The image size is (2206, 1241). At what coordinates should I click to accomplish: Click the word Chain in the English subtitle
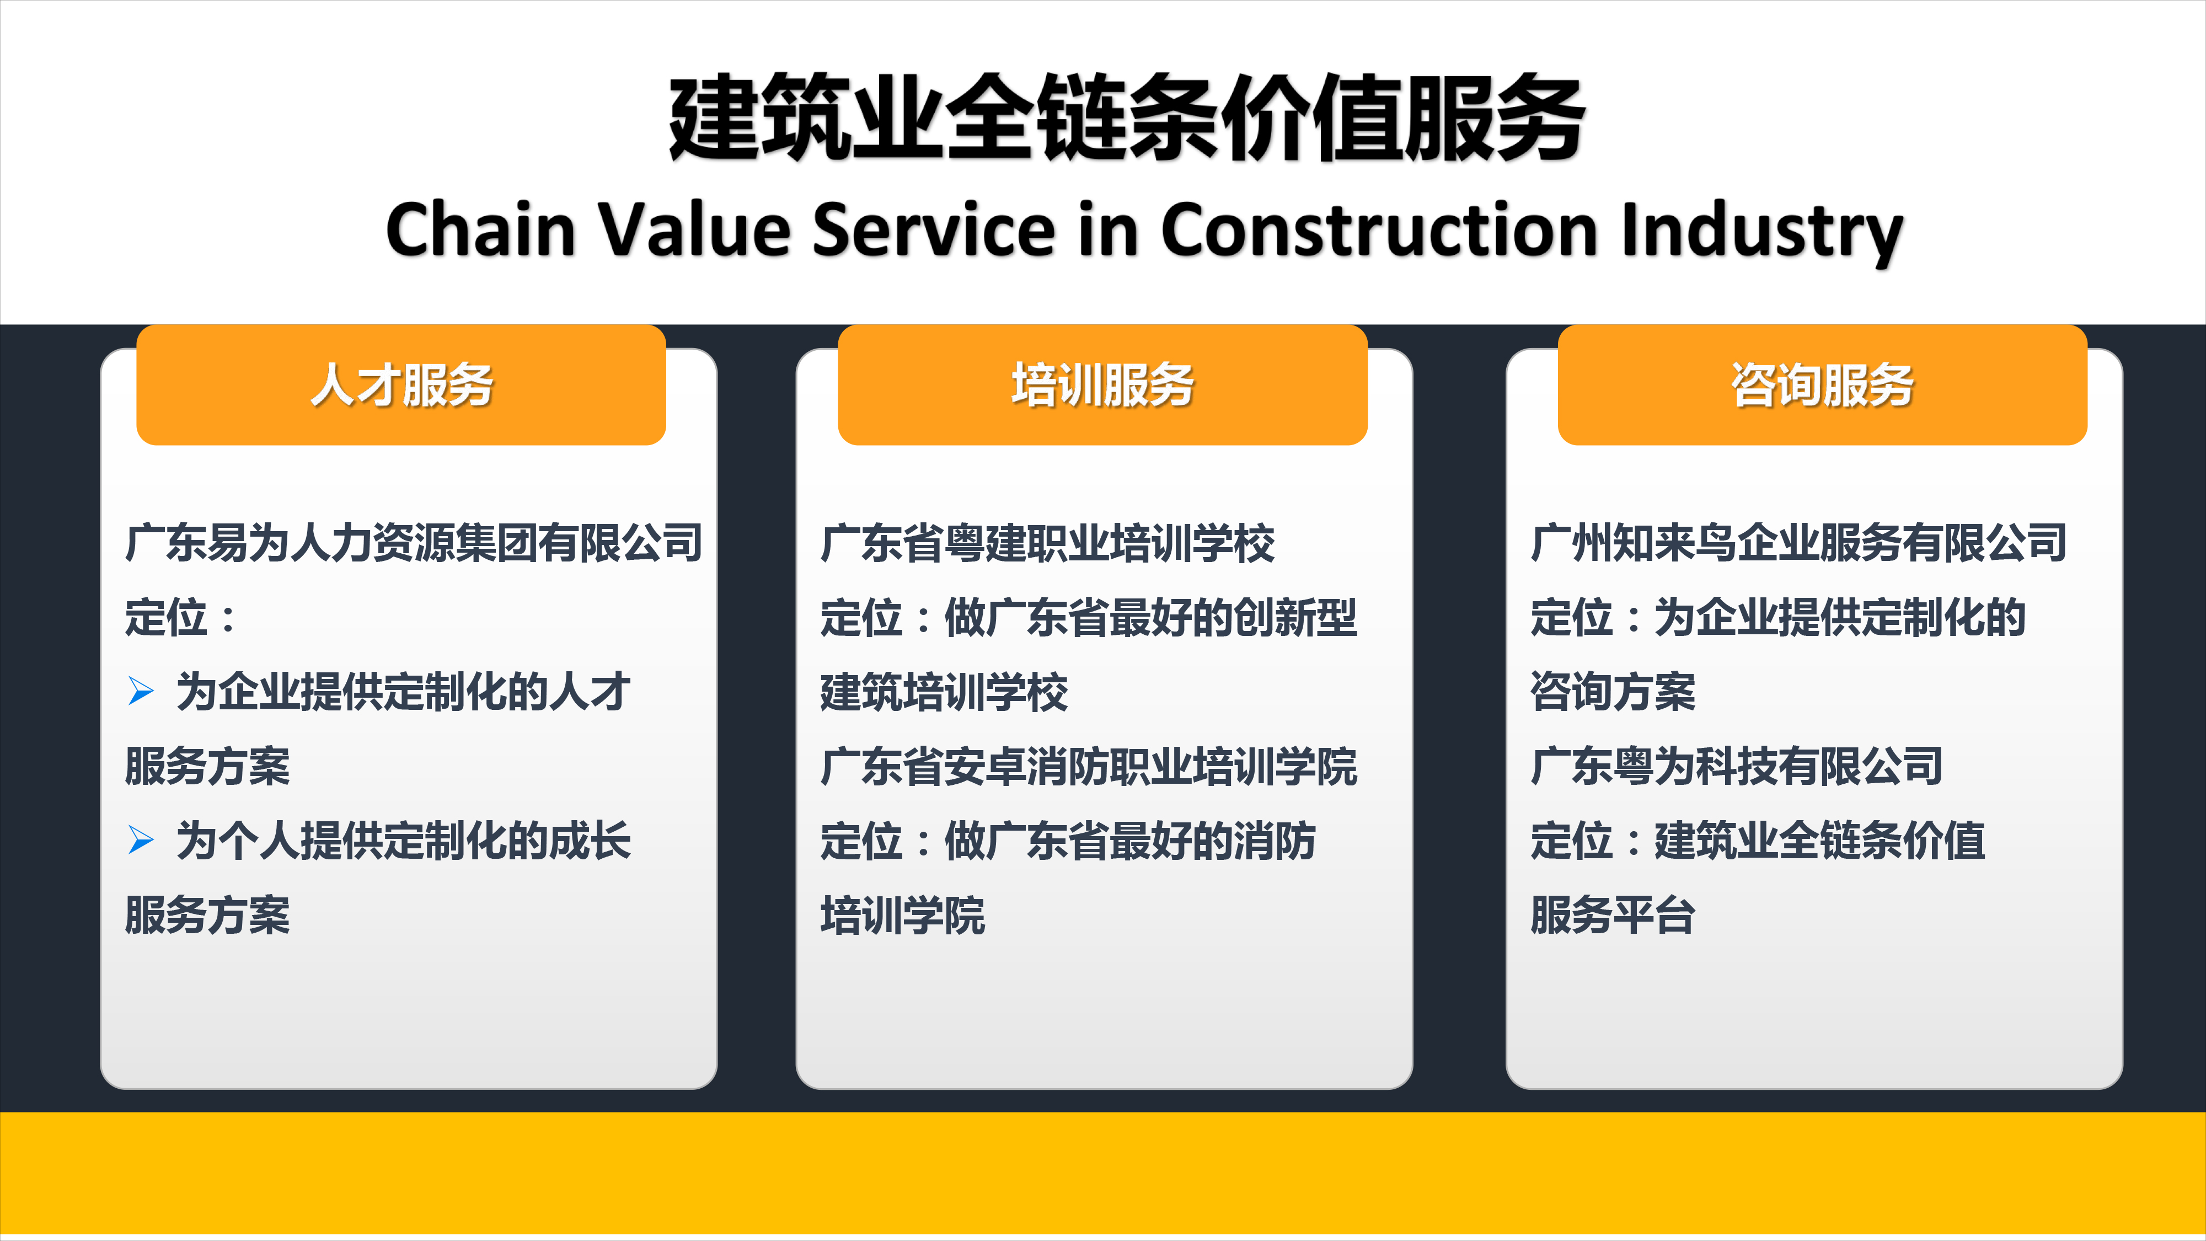point(480,229)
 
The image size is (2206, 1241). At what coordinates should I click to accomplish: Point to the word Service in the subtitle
point(934,229)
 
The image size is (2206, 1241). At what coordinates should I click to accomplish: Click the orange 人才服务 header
point(401,384)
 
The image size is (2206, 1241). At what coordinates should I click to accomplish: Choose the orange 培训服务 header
point(1102,384)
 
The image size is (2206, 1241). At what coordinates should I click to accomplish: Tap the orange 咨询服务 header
point(1822,384)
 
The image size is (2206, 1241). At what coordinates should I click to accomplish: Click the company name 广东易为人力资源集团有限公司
point(414,543)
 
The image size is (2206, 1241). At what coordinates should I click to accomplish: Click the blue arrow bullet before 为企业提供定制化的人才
point(141,691)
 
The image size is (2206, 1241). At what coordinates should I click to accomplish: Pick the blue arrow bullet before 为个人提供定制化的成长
point(141,840)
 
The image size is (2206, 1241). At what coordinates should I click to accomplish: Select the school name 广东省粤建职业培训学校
point(1047,543)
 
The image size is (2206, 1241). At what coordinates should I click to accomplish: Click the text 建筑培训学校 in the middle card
point(944,692)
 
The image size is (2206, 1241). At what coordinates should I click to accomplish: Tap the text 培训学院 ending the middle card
point(903,914)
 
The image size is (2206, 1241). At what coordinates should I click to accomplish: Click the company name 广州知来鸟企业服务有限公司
point(1799,543)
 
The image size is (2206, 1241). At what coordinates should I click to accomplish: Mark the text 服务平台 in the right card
point(1613,914)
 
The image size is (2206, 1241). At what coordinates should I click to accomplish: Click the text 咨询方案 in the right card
point(1613,692)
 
